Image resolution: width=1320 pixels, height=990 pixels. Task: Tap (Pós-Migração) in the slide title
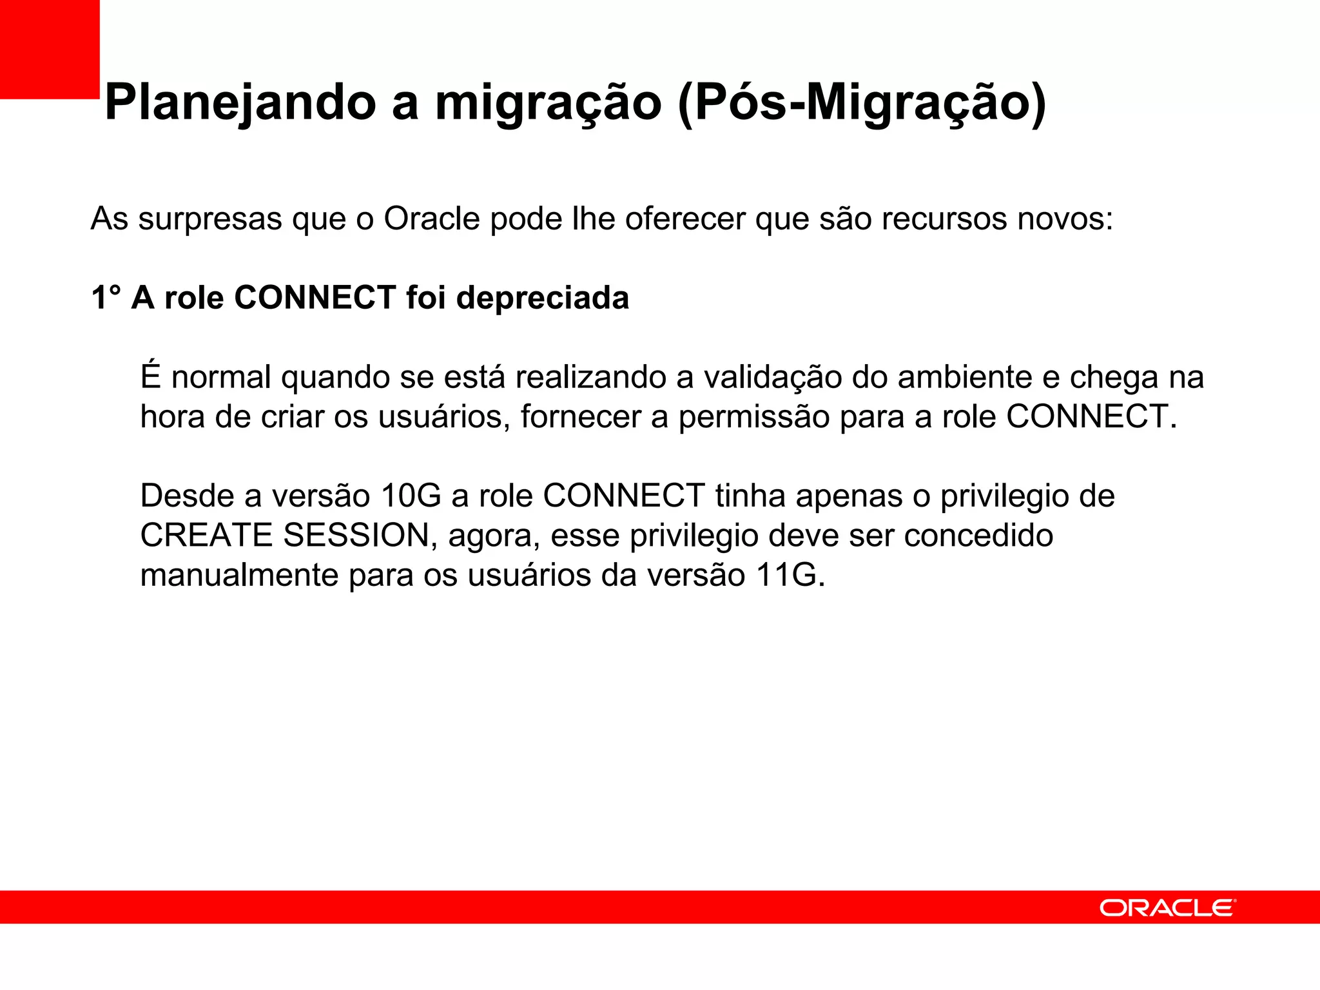862,103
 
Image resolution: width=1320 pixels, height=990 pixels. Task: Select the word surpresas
210,219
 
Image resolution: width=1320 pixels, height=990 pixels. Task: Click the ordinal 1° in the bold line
106,298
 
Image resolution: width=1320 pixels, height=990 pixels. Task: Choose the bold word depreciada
542,298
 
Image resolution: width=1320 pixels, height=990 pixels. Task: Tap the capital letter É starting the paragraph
150,376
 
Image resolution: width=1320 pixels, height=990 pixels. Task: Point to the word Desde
186,496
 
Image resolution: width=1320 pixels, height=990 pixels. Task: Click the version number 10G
411,496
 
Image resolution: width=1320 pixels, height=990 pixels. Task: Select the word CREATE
206,536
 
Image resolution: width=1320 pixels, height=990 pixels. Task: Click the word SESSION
356,536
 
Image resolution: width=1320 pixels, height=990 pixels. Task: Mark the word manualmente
239,575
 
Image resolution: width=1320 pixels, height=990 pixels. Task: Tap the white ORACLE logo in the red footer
1167,908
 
